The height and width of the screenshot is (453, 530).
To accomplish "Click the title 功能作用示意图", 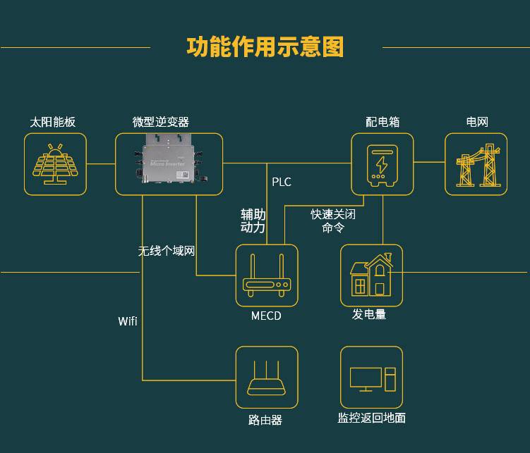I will tap(265, 47).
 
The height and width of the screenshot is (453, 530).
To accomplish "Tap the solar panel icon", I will tap(55, 164).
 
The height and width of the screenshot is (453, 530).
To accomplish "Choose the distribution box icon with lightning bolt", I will tap(382, 164).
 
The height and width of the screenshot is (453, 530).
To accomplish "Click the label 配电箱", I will tap(383, 122).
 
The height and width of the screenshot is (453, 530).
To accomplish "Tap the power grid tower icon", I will tap(476, 164).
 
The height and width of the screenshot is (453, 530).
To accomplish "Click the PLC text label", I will tap(282, 182).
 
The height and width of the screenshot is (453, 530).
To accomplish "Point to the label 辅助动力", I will tap(253, 221).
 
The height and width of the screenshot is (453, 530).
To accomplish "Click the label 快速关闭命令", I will tap(333, 221).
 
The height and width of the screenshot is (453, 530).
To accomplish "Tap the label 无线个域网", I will tap(166, 251).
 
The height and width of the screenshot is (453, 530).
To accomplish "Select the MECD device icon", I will tap(267, 275).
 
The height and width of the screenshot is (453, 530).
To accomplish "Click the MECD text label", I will tap(266, 316).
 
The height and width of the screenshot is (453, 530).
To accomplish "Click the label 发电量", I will tap(369, 315).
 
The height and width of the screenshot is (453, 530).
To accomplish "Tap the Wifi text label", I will tap(128, 321).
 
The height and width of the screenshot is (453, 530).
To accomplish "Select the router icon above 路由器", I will tap(267, 378).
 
